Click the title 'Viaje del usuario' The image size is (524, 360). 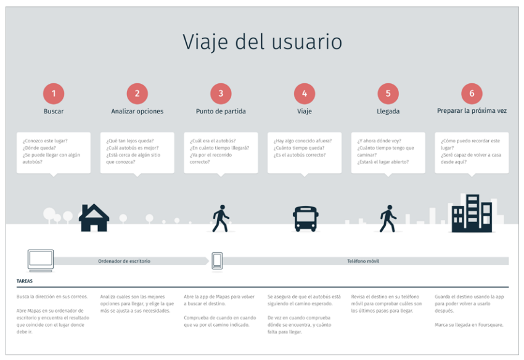point(262,42)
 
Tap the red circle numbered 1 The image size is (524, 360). point(54,94)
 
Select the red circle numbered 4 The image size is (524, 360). point(304,94)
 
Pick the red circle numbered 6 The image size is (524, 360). point(472,94)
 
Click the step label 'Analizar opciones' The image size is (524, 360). point(137,112)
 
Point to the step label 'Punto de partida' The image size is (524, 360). point(221,112)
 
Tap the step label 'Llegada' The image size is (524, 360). point(388,112)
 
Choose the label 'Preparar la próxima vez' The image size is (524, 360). point(472,112)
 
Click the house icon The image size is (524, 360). point(94,218)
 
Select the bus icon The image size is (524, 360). point(305,218)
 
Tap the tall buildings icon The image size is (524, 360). point(472,213)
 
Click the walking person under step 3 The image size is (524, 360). point(220,219)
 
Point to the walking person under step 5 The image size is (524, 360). point(388,219)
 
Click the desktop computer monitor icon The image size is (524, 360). point(41,260)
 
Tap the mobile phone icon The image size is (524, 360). point(217,261)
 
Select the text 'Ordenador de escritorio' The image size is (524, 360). point(124,261)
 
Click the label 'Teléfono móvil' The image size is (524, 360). point(363,261)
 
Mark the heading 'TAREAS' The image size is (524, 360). point(25,281)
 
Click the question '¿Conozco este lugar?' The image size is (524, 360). point(45,141)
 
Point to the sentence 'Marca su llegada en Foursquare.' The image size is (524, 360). point(469,325)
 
